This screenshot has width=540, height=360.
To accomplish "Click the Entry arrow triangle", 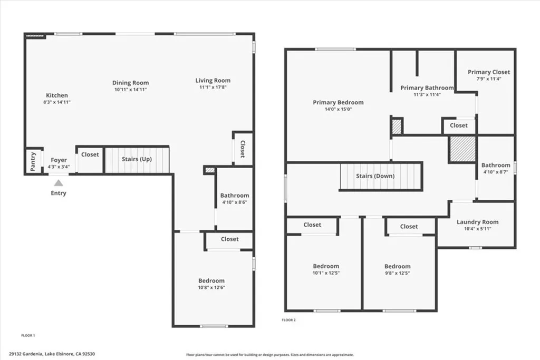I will click(59, 182).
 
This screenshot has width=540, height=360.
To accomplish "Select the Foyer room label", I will click(59, 160).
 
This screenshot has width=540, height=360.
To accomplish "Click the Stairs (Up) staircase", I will click(137, 160).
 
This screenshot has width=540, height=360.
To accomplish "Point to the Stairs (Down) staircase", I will click(381, 176).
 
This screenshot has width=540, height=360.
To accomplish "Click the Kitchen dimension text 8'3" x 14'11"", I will click(57, 102).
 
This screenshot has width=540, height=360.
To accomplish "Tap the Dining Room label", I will click(130, 83).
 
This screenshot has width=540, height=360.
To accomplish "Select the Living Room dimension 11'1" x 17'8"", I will click(213, 87).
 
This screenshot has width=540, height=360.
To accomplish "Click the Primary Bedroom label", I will click(338, 102).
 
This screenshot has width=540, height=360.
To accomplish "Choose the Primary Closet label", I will click(489, 72).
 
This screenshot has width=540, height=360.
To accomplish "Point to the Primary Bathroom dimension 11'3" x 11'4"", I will click(427, 95).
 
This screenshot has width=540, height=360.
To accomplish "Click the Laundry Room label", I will click(477, 222).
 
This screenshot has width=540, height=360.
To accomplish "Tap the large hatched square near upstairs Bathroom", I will click(462, 149).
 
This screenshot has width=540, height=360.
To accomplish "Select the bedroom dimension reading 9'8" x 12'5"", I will click(397, 273).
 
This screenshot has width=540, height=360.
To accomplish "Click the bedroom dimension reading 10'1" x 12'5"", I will click(326, 273).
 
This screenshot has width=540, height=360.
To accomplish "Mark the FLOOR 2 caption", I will click(289, 320).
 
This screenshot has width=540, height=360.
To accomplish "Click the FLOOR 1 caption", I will click(27, 335).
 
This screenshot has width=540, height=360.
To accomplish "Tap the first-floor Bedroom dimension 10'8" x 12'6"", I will click(211, 287).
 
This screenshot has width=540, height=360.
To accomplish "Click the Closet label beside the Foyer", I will click(90, 154).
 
